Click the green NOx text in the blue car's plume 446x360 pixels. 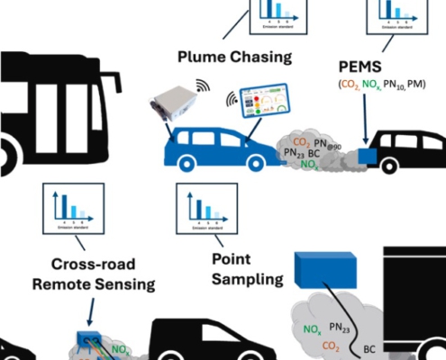pos(309,166)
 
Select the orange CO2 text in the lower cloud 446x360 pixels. pos(331,345)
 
